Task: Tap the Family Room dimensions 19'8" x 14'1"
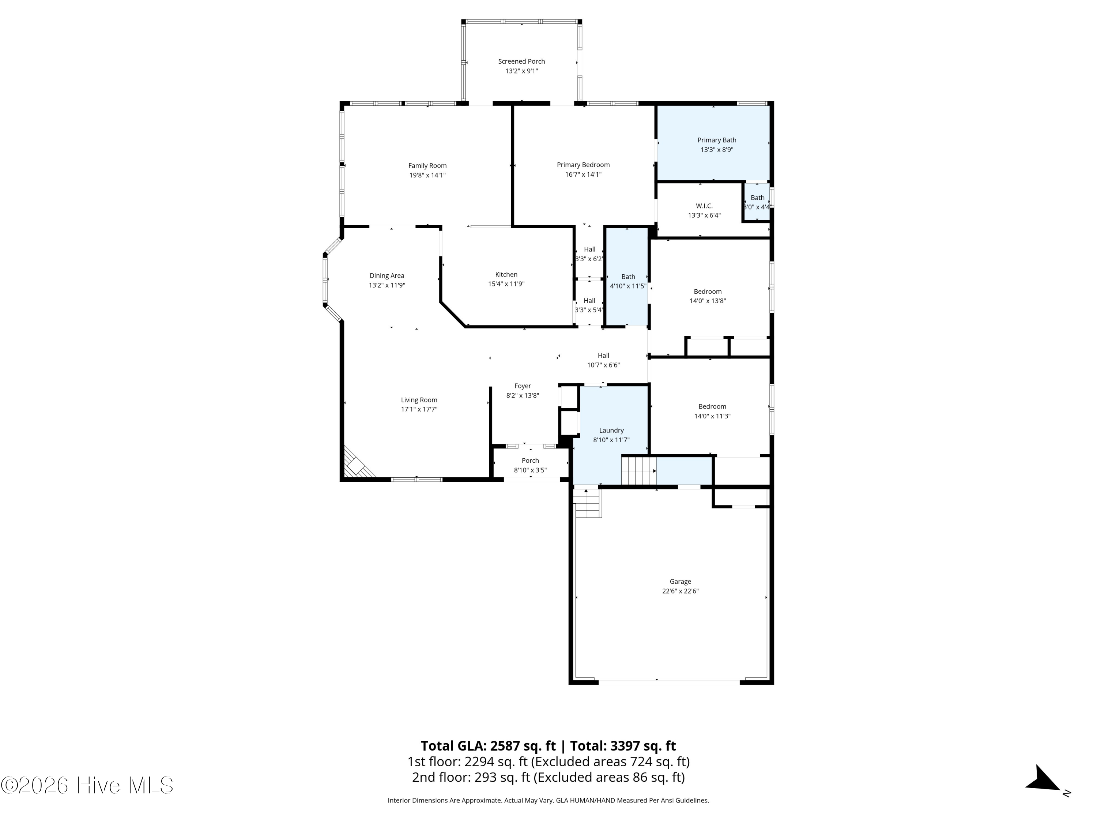point(427,175)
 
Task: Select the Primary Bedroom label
point(583,165)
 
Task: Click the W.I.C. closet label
point(704,206)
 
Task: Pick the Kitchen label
point(506,275)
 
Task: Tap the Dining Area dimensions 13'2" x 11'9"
point(387,285)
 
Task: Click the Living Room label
point(419,400)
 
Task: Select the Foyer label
point(523,386)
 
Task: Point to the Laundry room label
point(611,431)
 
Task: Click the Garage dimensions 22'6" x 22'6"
point(681,591)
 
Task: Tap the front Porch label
point(530,461)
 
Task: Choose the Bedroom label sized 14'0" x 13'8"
point(708,292)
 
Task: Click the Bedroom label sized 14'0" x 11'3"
point(712,407)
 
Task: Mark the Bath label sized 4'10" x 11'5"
point(628,277)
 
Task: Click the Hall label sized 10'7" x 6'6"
point(604,356)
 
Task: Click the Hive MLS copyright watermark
point(87,785)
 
